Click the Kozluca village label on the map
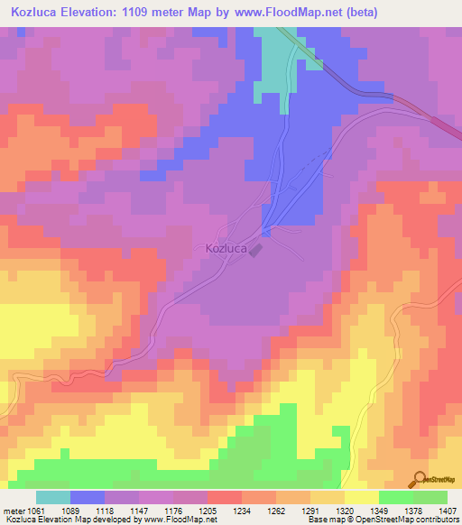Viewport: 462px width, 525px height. pos(226,248)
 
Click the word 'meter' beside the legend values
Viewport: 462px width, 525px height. pos(16,510)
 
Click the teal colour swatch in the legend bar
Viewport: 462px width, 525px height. pos(52,497)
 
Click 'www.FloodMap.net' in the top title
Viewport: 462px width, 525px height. pos(281,13)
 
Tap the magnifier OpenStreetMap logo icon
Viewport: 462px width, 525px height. pos(418,480)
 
